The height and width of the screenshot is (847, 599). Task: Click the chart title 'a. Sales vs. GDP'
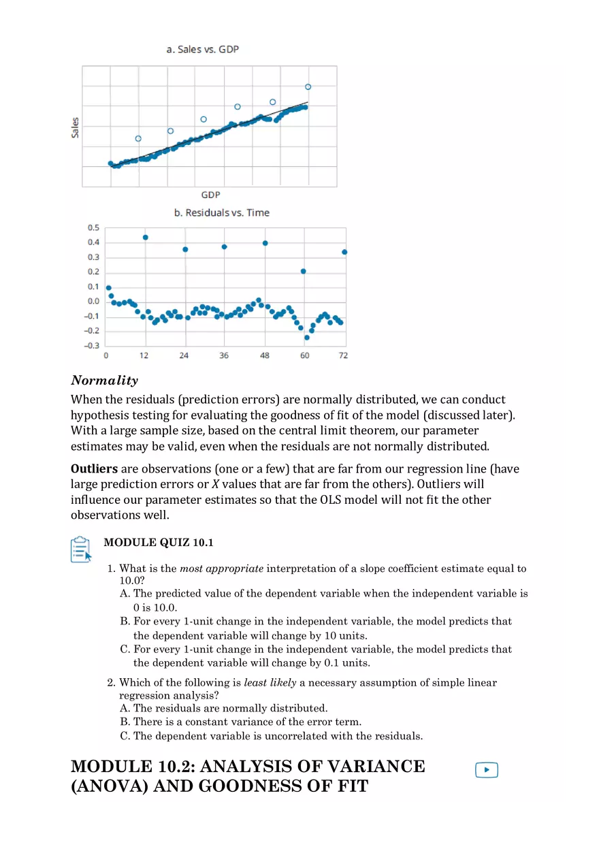(x=203, y=50)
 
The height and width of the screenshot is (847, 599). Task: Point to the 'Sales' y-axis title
(x=76, y=127)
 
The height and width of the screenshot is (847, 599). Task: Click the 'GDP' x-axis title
(x=210, y=195)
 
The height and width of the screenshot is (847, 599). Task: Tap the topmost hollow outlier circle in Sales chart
(x=308, y=86)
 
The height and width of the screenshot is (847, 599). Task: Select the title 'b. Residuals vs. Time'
(x=221, y=212)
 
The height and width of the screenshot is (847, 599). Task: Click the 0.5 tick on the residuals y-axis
(x=93, y=227)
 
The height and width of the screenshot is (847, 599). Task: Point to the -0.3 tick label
(x=91, y=345)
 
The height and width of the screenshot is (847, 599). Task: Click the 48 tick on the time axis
(x=265, y=355)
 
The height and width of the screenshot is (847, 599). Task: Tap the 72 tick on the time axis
(x=343, y=355)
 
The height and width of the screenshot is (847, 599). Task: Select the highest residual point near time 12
(x=145, y=238)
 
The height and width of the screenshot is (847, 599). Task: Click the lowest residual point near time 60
(x=307, y=337)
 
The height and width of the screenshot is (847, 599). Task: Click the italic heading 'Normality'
(x=104, y=381)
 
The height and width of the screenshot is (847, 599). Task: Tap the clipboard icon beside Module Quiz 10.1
(x=81, y=549)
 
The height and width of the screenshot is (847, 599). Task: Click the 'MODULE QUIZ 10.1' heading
(x=158, y=543)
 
